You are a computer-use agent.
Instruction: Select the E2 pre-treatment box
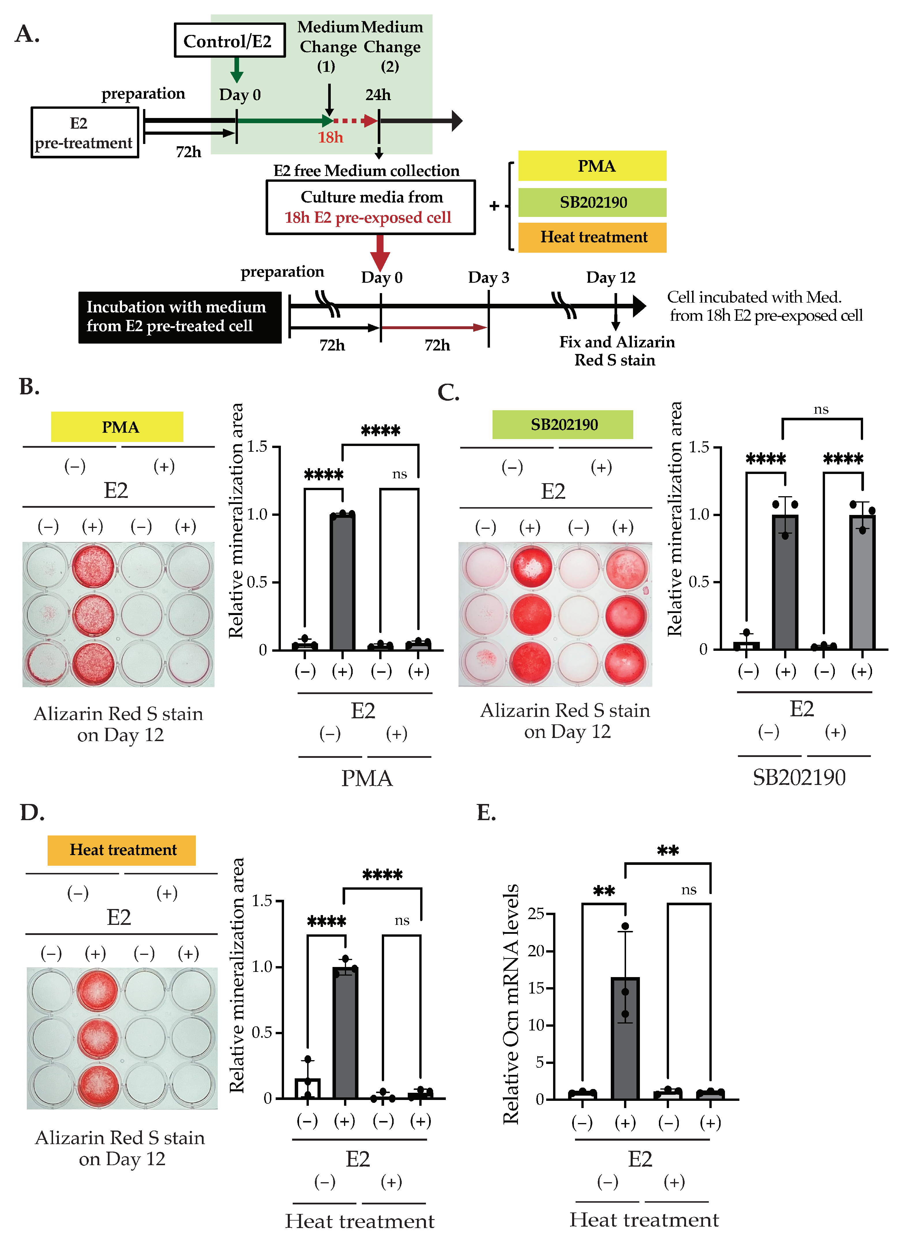(x=84, y=132)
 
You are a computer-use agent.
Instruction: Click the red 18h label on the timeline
(x=330, y=137)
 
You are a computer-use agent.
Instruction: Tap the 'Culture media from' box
(x=370, y=207)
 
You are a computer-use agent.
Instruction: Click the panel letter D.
(x=32, y=812)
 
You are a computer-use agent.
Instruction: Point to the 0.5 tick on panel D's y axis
(x=262, y=1032)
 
